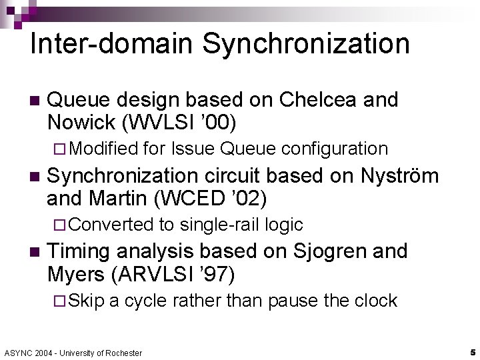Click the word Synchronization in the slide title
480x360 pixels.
pos(306,44)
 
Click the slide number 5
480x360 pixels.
pos(471,351)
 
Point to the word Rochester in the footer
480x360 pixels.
pos(123,353)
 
